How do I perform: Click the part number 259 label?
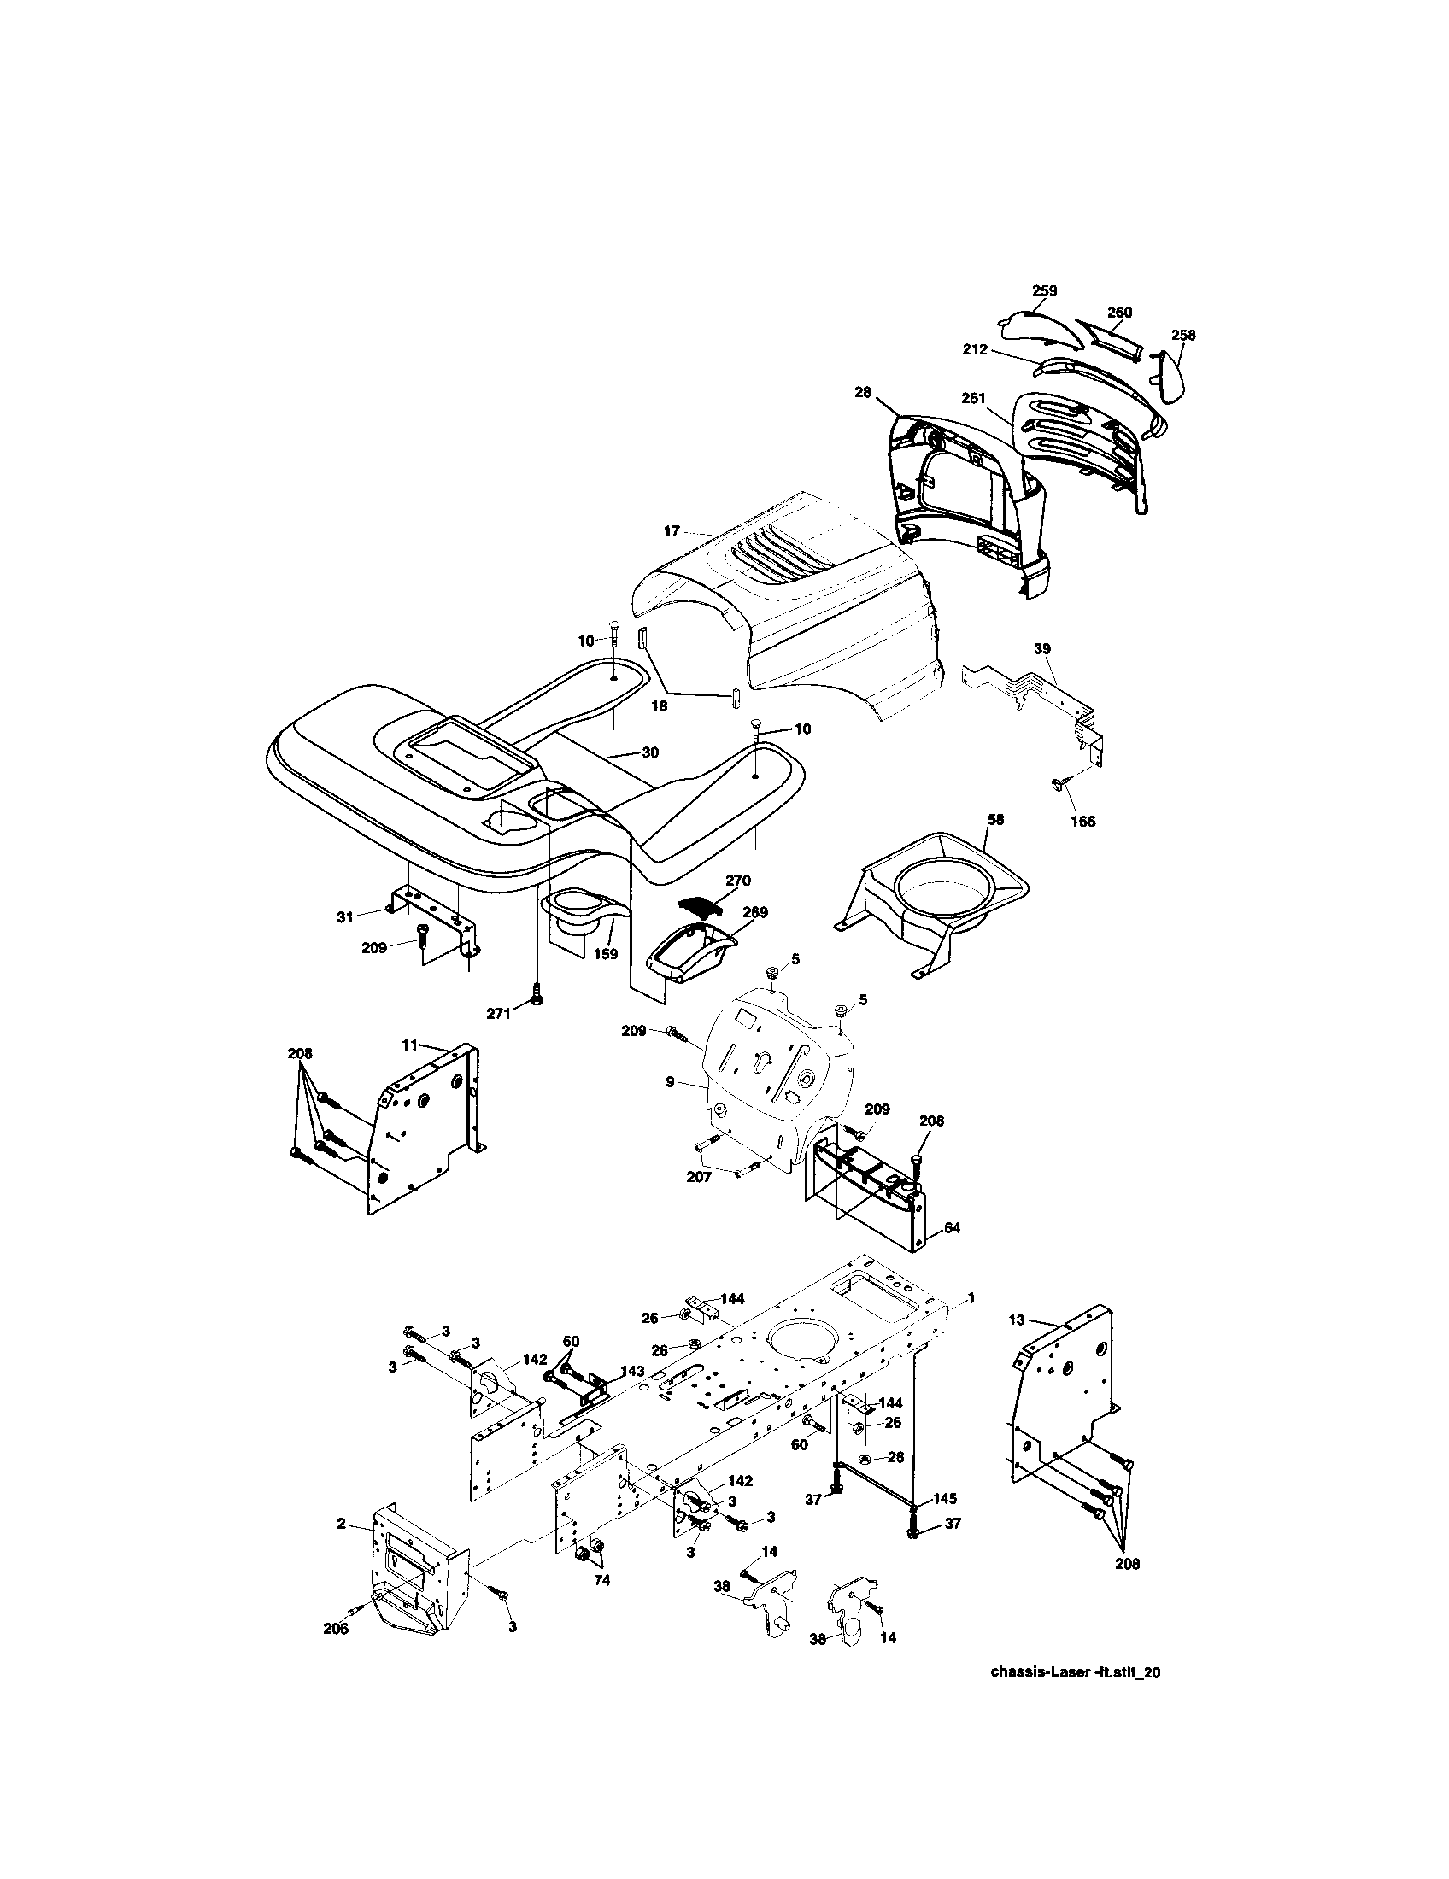click(x=1044, y=290)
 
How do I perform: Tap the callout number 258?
click(x=1183, y=336)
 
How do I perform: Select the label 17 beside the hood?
click(x=672, y=532)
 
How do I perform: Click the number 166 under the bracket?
click(x=1082, y=821)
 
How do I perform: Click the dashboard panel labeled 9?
click(x=774, y=1075)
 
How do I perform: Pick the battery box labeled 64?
click(x=869, y=1191)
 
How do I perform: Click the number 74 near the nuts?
click(x=601, y=1580)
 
